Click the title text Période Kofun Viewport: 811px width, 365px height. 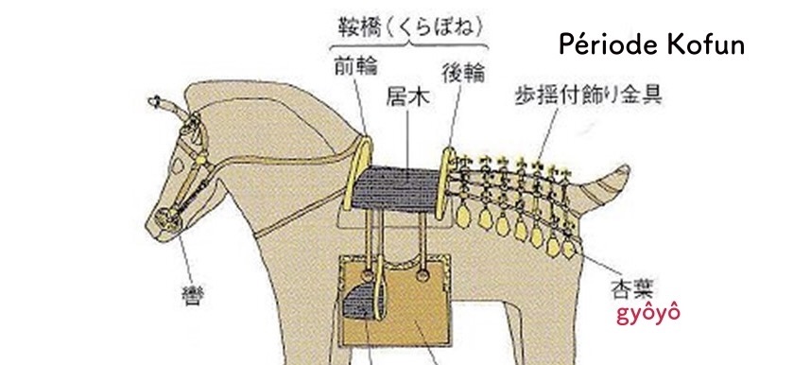click(651, 44)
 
